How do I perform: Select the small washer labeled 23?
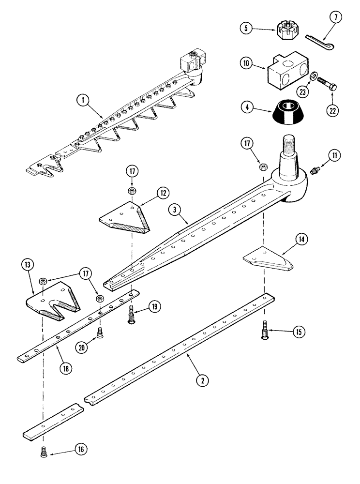click(x=314, y=76)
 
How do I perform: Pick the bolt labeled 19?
click(x=132, y=318)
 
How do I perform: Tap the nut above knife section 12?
click(x=132, y=190)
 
